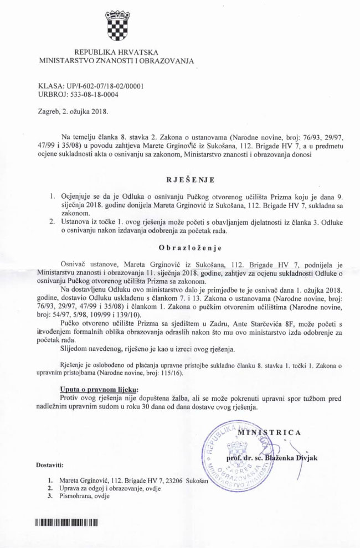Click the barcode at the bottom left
click(66, 522)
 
